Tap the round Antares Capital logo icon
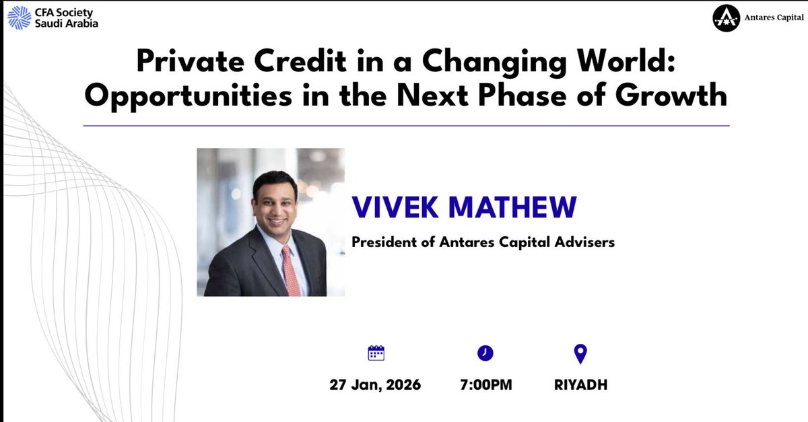coord(726,20)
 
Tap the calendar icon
coord(376,353)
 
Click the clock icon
coord(485,353)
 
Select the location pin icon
coord(580,353)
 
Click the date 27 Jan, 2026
coord(375,386)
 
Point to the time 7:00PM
coord(485,386)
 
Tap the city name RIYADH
coord(580,386)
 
